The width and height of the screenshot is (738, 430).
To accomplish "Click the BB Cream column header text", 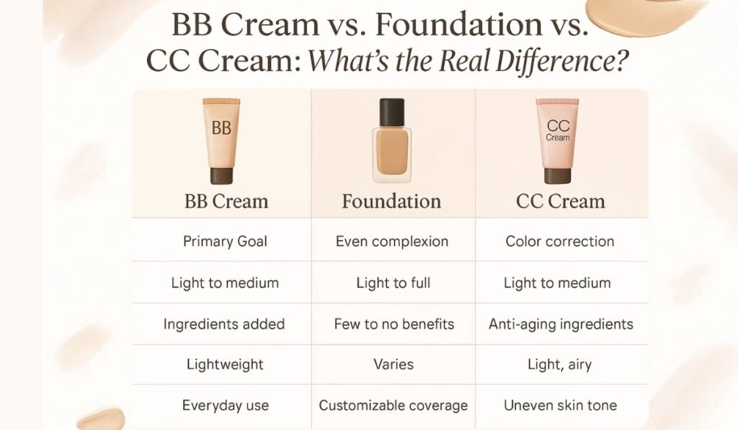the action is [226, 202].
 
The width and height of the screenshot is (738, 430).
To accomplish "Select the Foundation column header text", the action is [391, 202].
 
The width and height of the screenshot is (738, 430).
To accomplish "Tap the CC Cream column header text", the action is [560, 202].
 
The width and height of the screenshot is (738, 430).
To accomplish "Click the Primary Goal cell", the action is [225, 241].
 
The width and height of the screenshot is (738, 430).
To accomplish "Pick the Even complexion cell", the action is [392, 242].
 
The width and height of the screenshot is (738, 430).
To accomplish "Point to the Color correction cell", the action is [559, 241].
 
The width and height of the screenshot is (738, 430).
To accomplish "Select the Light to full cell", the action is [394, 283].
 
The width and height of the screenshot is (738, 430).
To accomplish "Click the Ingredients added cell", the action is [224, 324].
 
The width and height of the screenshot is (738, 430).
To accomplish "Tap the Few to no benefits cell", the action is [394, 323].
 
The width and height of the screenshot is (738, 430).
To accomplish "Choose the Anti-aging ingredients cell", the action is [561, 324].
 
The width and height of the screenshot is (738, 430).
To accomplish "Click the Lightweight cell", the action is [225, 364].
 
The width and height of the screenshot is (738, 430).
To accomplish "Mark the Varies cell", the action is [394, 364].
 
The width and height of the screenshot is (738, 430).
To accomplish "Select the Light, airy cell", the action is [559, 364].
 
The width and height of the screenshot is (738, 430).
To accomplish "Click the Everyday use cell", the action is [226, 406].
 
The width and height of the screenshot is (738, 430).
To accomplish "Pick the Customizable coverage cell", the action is [394, 406].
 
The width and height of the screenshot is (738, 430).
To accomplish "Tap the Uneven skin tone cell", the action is [560, 405].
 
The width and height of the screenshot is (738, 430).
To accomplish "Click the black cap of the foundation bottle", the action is [391, 112].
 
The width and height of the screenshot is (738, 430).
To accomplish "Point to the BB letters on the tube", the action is [221, 128].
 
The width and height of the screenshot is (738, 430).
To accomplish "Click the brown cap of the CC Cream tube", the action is [558, 176].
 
